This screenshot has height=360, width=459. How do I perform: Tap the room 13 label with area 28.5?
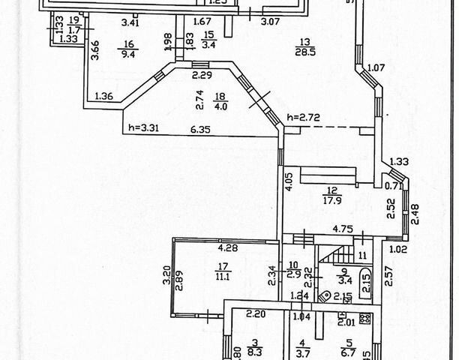305,47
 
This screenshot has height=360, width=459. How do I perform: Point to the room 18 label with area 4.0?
220,100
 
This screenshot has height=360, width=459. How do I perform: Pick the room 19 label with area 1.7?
73,25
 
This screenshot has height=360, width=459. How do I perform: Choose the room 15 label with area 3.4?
209,39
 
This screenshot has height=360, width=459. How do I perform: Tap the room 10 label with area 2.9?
294,268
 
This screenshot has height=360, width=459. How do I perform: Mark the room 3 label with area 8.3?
232,344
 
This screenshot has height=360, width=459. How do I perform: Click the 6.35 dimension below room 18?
199,130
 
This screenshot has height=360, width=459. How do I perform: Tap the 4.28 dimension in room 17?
228,246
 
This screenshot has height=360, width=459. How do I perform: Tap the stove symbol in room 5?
365,318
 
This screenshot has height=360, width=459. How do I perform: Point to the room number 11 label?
362,255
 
